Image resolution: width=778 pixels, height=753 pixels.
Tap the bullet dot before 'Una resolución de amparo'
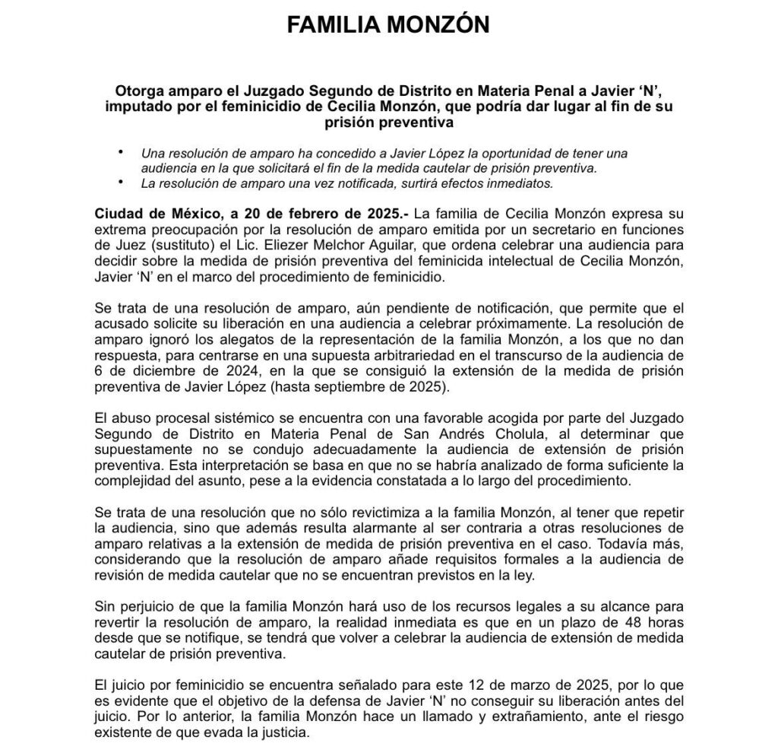120,153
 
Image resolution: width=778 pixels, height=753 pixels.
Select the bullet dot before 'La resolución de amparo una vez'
120,183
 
